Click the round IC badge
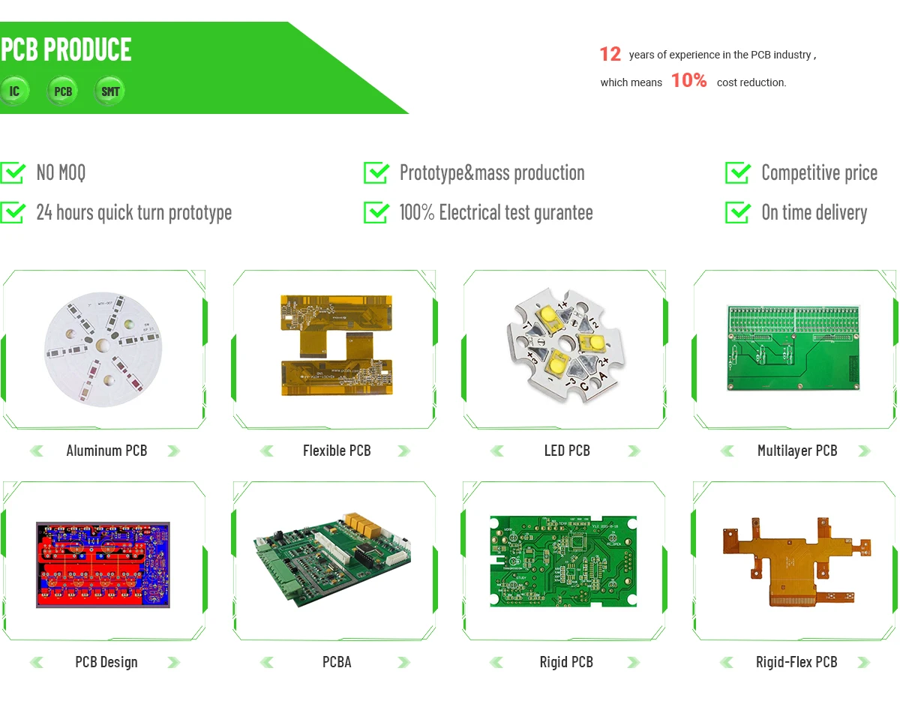point(14,91)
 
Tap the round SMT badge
point(110,91)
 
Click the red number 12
point(610,54)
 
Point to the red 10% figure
point(688,81)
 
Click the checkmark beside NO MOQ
point(13,172)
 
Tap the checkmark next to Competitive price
point(738,172)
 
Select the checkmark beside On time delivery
point(738,212)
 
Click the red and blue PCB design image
point(103,565)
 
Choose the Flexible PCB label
point(337,451)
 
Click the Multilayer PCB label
point(797,451)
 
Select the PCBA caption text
point(337,662)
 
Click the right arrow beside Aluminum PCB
point(173,451)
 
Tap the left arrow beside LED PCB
point(496,451)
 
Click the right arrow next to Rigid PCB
point(634,662)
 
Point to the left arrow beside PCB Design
point(36,662)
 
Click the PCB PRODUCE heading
point(66,50)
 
